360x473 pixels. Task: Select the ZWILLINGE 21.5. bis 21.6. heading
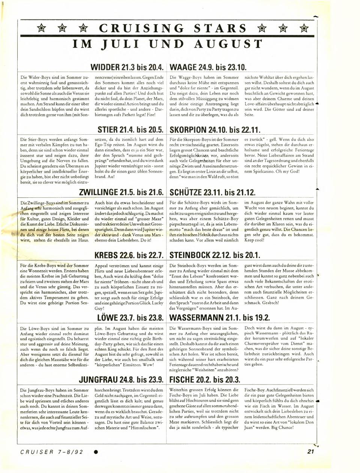coord(122,193)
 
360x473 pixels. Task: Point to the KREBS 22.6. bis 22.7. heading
coord(129,256)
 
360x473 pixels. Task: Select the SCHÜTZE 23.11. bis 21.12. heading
coord(213,193)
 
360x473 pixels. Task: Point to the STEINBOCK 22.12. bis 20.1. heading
coord(215,256)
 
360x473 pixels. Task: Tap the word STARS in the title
coord(220,29)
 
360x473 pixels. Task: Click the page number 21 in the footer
coord(310,452)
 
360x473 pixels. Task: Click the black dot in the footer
coord(96,452)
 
